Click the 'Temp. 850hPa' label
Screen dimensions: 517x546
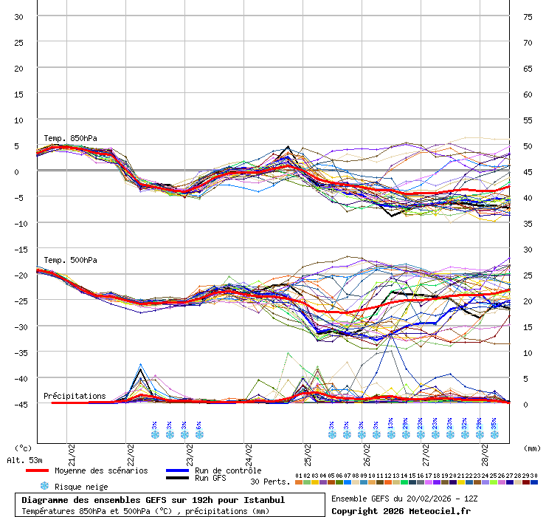pos(70,138)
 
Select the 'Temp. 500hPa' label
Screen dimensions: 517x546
pos(70,260)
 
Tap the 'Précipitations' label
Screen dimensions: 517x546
pos(75,396)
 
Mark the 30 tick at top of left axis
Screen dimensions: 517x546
pos(19,16)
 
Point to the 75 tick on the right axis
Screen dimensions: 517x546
pos(528,16)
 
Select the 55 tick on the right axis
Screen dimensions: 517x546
pos(528,120)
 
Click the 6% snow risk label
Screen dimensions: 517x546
pos(199,425)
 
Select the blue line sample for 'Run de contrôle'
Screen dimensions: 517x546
pos(178,470)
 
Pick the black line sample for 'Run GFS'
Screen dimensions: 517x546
pos(178,479)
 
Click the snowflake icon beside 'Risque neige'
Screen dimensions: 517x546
pos(44,486)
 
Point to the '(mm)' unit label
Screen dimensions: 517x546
pos(532,448)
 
